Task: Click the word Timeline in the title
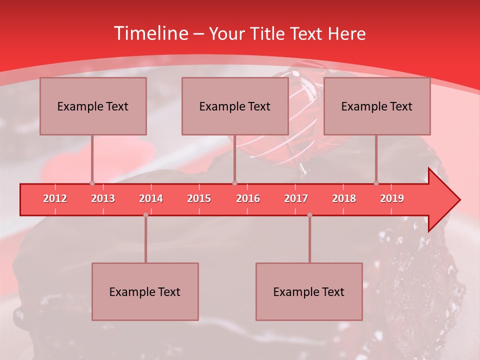click(150, 33)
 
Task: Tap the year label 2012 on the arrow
click(55, 198)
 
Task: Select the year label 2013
click(103, 198)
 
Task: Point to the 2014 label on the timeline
click(151, 198)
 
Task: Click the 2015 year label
click(199, 198)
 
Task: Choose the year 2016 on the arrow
click(248, 198)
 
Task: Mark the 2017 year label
click(296, 198)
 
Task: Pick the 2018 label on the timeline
click(344, 198)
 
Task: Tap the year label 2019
click(392, 198)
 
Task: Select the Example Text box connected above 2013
click(93, 106)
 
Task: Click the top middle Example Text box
click(235, 106)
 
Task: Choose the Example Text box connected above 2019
click(377, 106)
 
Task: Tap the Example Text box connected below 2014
click(145, 291)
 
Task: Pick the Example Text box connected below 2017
click(309, 291)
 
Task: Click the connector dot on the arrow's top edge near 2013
click(92, 183)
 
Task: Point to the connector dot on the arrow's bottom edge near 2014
click(145, 215)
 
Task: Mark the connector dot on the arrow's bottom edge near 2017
click(309, 215)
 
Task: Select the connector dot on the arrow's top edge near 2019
click(376, 183)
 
